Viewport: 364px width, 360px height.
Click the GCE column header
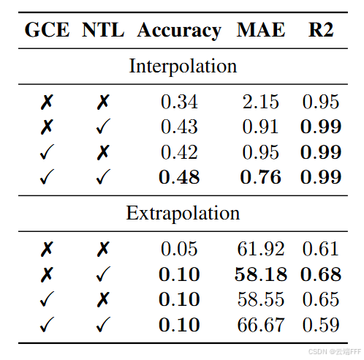pyautogui.click(x=47, y=30)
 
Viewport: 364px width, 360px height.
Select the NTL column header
pyautogui.click(x=104, y=30)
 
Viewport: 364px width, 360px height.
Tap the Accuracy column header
pyautogui.click(x=179, y=30)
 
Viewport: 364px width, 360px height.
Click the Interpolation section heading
pyautogui.click(x=183, y=66)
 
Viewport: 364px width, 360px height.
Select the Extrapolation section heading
pyautogui.click(x=183, y=213)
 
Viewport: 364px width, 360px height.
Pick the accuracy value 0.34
pyautogui.click(x=179, y=102)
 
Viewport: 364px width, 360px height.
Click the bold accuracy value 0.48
pyautogui.click(x=179, y=177)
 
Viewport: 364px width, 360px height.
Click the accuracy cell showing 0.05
pyautogui.click(x=179, y=250)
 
